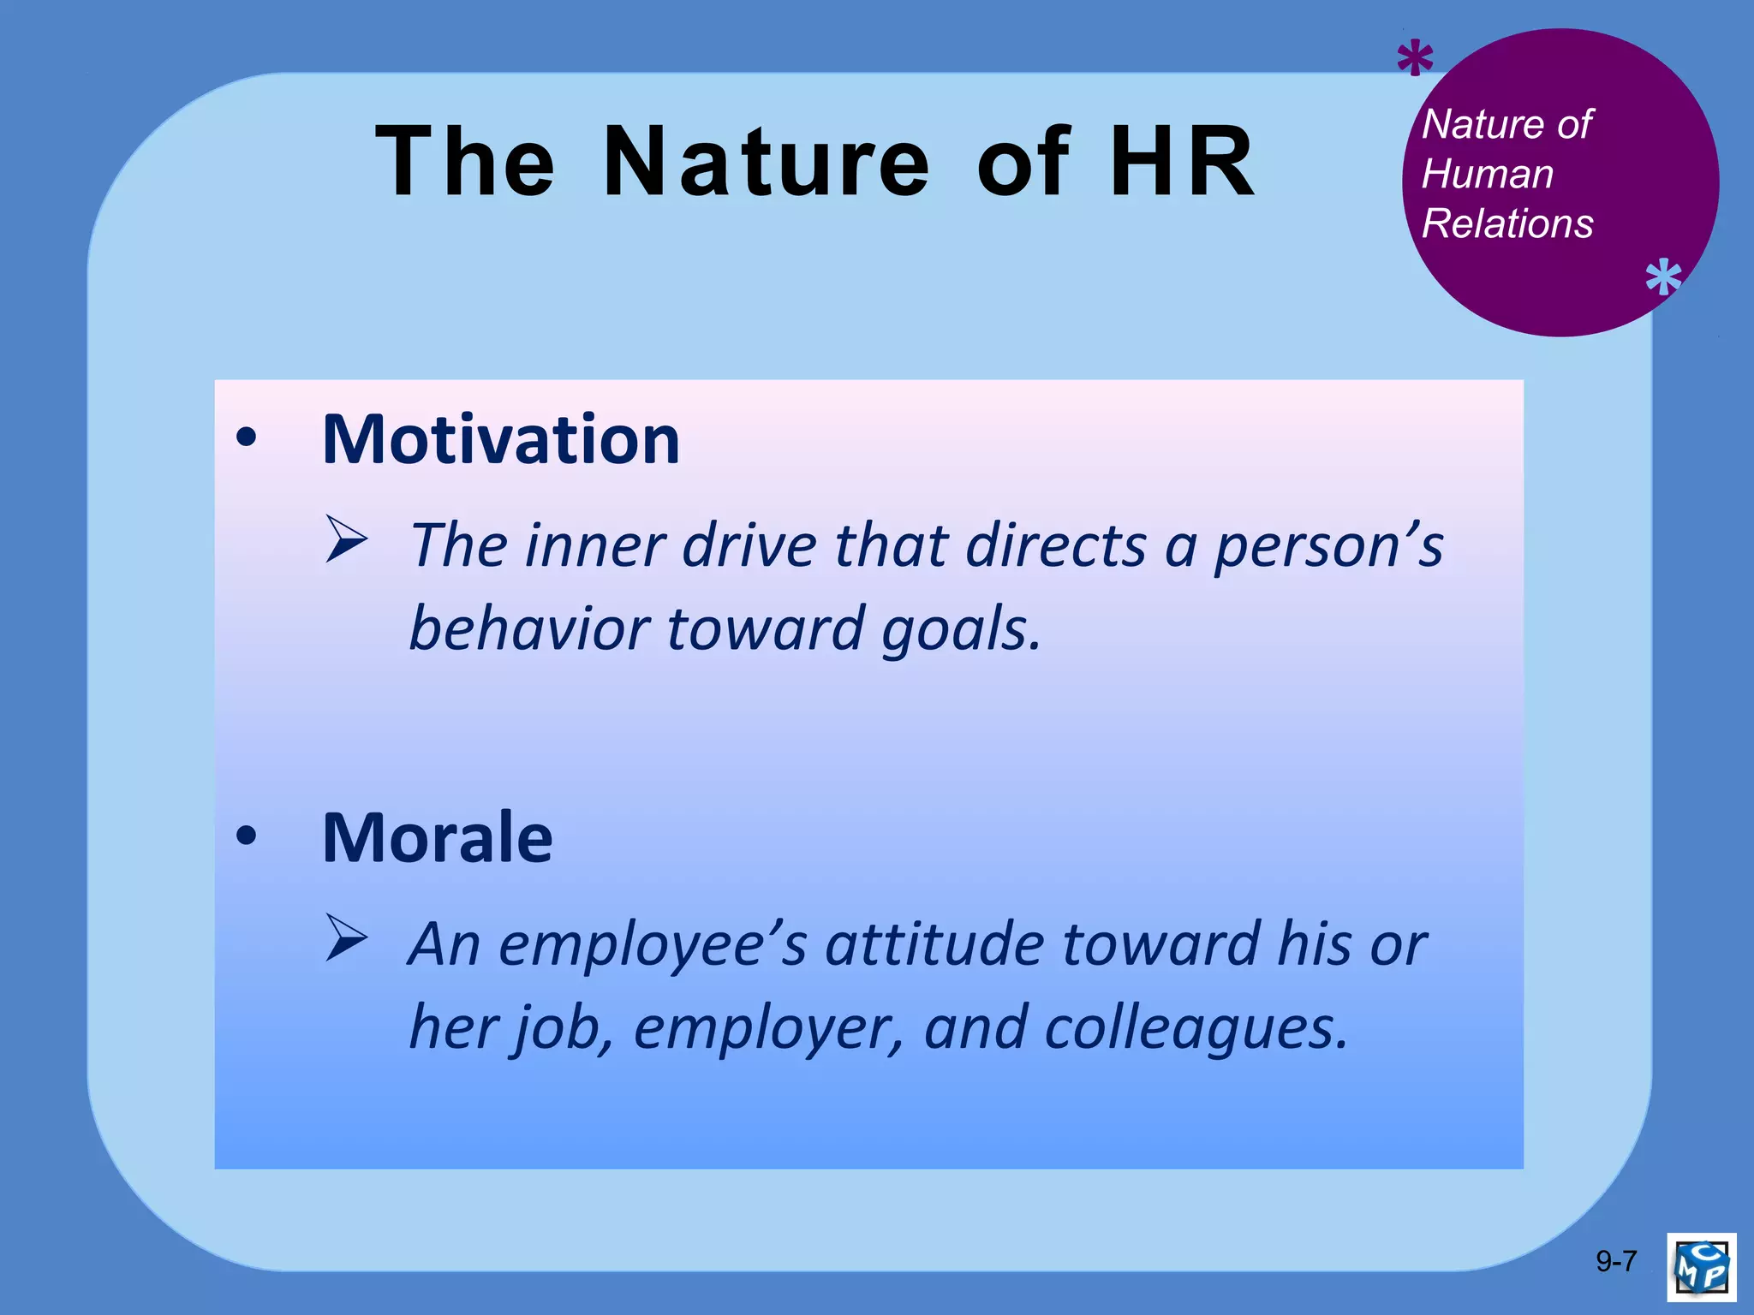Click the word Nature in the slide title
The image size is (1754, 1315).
(765, 161)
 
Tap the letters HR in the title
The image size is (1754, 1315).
(1183, 161)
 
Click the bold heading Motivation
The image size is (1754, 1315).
(501, 440)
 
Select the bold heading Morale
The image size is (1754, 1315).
(438, 838)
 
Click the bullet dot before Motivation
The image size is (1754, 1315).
(247, 438)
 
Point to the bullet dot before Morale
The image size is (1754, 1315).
(247, 836)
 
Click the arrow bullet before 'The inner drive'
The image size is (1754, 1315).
(346, 539)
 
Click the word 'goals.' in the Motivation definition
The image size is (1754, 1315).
(961, 629)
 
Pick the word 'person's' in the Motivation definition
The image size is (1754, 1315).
(1329, 546)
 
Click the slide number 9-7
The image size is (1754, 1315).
(1616, 1261)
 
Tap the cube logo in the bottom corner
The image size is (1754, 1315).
(1702, 1267)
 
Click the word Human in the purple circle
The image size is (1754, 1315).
(1488, 175)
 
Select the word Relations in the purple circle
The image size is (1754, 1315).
(1507, 224)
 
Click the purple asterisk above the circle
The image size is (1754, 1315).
(1415, 59)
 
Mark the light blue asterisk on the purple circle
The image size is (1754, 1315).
(1663, 277)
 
